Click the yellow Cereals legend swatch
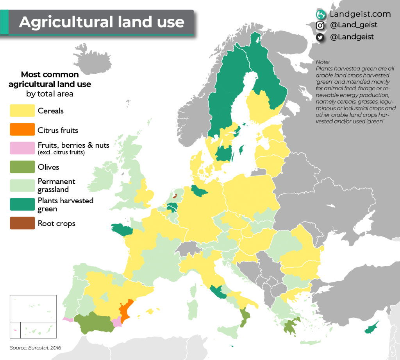[22, 111]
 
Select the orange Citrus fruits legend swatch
[22, 129]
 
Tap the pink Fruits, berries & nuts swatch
[22, 148]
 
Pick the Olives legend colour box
[22, 167]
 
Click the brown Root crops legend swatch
[22, 223]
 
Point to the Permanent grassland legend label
[56, 185]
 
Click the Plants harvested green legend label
[65, 204]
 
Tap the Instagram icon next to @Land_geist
[320, 25]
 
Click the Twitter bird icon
[320, 37]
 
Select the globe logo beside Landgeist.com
[321, 14]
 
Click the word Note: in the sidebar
[323, 62]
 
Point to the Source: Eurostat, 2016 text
[36, 347]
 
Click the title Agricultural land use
[102, 22]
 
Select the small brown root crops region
[175, 196]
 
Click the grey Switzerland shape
[187, 249]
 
